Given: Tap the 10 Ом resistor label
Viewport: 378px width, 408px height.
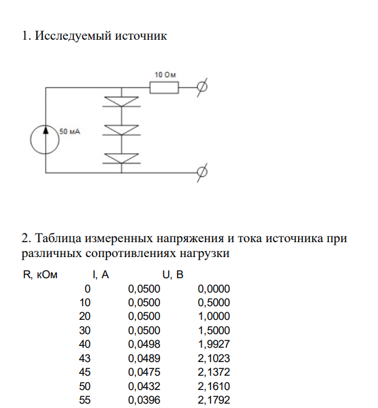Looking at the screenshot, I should click(165, 75).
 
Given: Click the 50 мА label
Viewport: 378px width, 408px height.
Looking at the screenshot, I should click(71, 132).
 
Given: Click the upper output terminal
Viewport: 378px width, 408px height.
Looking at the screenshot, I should click(202, 88).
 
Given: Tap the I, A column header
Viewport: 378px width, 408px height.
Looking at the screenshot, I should click(101, 274).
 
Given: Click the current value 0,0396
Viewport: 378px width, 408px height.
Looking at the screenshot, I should click(144, 400).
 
